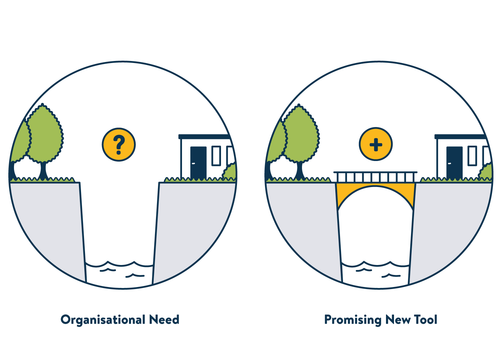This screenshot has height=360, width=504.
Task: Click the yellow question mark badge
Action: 119,145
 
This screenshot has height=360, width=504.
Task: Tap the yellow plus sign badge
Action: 376,145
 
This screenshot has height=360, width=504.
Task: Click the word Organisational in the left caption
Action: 103,320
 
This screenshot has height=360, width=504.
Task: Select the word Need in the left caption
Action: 164,320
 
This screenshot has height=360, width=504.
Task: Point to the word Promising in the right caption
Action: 353,320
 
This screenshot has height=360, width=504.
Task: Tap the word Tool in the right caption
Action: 425,320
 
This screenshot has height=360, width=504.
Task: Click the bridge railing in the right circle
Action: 375,177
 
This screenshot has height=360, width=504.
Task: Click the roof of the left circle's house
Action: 204,137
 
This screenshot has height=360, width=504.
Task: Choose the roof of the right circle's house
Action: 460,137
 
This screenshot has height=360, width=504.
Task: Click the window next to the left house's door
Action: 216,156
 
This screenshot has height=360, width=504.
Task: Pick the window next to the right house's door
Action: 472,156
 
